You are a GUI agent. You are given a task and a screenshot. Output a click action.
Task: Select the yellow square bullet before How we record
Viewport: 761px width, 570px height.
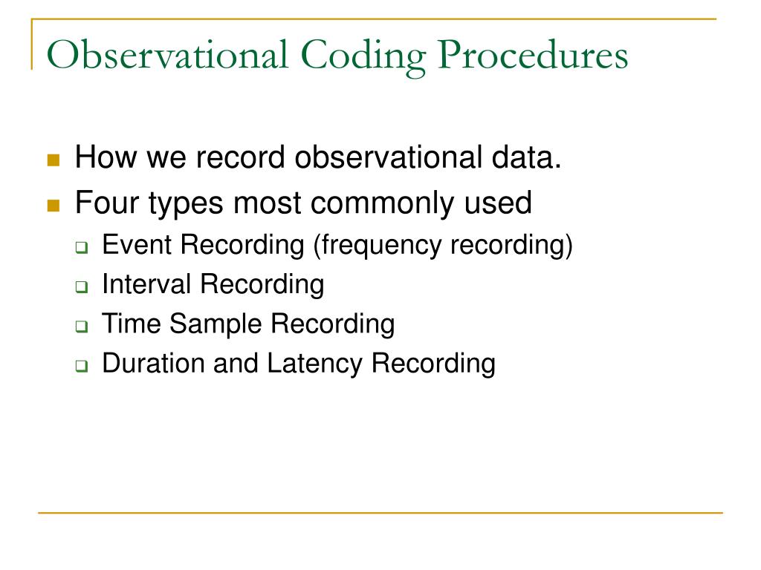coord(53,160)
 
